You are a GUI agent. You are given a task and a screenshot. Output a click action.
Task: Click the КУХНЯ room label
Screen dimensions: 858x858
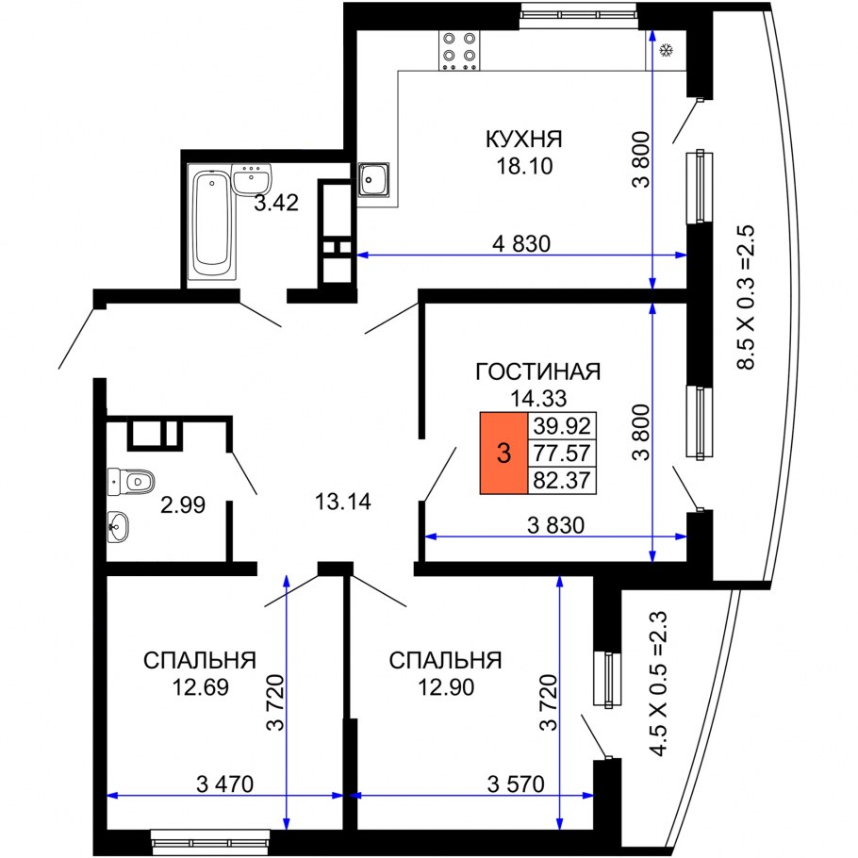point(523,140)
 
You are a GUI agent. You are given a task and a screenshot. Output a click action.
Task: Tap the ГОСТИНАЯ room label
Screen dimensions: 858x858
point(537,371)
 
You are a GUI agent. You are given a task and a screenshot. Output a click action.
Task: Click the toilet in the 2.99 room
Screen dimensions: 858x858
point(130,482)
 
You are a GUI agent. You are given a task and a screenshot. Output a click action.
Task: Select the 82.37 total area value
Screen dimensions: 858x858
point(560,480)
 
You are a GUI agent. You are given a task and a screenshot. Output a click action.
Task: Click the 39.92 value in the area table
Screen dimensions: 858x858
point(560,426)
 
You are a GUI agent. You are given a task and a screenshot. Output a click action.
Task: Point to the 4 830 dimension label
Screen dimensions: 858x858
point(520,243)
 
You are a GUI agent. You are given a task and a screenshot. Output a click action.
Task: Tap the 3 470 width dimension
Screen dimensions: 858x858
point(225,784)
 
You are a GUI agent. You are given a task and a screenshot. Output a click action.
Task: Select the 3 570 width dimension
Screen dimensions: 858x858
point(518,784)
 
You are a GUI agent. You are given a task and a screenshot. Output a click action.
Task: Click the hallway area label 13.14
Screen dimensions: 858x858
point(342,502)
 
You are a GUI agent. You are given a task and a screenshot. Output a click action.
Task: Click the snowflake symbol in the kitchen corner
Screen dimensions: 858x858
point(667,50)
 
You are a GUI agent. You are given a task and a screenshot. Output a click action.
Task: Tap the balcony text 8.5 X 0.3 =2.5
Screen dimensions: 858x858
point(748,297)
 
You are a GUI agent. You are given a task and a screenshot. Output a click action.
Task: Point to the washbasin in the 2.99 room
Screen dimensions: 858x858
point(118,526)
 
